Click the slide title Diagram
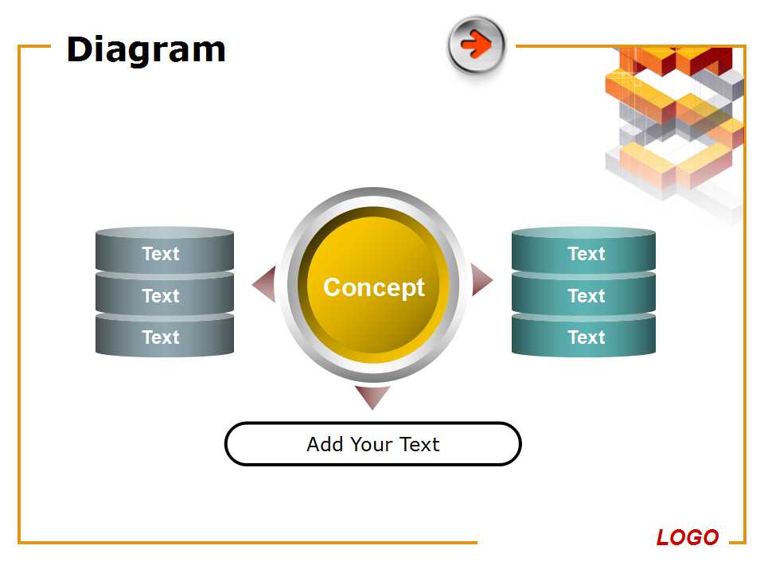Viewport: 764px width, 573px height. click(146, 50)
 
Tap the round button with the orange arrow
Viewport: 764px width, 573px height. click(477, 45)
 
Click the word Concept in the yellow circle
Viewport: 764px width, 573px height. click(374, 287)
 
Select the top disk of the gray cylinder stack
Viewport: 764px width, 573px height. click(165, 250)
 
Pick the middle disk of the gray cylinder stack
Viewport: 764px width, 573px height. click(165, 294)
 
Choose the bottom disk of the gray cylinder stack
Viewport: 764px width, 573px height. click(165, 335)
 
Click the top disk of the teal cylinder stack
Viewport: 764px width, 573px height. click(583, 250)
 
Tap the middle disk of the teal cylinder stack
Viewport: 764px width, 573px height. click(583, 294)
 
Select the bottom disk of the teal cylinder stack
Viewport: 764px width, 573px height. click(583, 335)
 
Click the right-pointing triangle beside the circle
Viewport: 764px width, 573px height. click(480, 279)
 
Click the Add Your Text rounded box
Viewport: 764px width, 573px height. click(373, 444)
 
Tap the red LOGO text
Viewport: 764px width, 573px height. click(688, 537)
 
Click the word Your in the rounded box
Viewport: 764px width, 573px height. click(372, 444)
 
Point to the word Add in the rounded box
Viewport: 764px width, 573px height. click(325, 444)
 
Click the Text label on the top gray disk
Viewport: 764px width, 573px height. click(161, 254)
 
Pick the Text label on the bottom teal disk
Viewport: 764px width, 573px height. click(587, 337)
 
